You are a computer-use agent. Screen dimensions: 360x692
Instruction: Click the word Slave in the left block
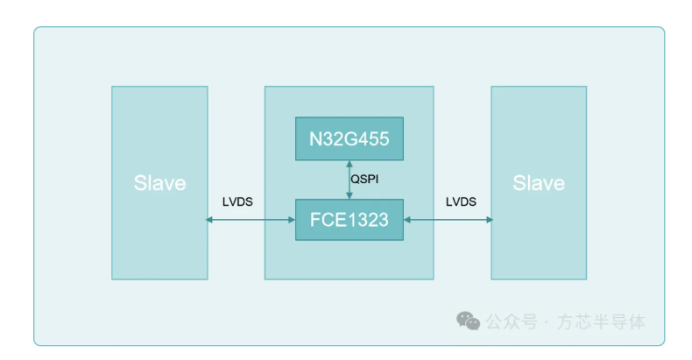[159, 183]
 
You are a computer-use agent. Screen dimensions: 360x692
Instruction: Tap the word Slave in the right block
[539, 183]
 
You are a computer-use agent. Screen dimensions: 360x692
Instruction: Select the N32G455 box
[349, 138]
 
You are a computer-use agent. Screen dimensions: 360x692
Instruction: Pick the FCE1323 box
[349, 220]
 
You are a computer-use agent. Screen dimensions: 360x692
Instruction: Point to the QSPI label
[366, 180]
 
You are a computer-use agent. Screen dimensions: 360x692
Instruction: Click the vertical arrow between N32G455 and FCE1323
[350, 180]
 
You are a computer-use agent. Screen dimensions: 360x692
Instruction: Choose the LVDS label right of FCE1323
[461, 201]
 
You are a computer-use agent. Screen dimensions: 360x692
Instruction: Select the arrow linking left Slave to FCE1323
[251, 220]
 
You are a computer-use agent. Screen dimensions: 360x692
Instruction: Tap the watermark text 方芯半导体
[604, 322]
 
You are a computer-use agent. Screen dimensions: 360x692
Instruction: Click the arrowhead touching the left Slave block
[212, 220]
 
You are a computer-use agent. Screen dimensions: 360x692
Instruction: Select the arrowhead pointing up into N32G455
[350, 165]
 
